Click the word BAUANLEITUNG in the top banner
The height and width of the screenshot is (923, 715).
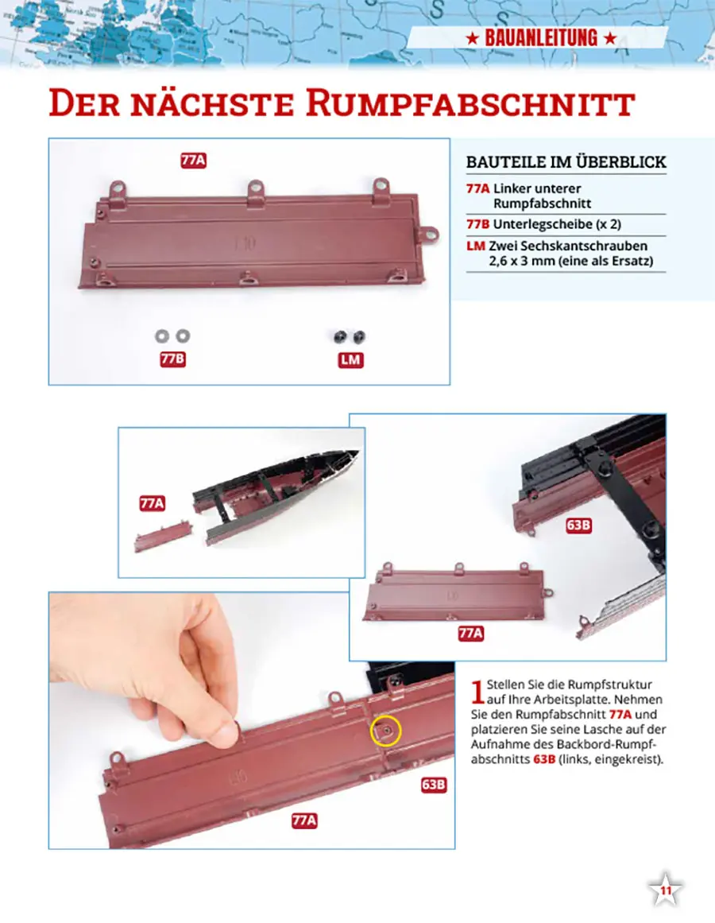541,38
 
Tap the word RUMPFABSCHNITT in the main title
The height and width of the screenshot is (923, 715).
470,103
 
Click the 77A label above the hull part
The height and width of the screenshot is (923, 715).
194,160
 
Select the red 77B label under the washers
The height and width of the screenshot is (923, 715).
173,359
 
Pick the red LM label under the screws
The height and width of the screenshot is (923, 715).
350,359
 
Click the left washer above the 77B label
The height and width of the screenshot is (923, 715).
162,336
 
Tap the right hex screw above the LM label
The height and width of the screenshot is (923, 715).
358,337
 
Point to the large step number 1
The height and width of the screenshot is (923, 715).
477,692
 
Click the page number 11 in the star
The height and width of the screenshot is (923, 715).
666,890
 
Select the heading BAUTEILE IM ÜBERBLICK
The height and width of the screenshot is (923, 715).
566,162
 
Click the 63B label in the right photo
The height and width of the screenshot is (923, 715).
578,525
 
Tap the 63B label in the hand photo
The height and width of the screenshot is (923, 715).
433,785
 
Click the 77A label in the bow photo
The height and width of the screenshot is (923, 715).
153,503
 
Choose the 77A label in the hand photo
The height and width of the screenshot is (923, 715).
304,820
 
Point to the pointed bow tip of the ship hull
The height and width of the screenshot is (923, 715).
357,452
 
